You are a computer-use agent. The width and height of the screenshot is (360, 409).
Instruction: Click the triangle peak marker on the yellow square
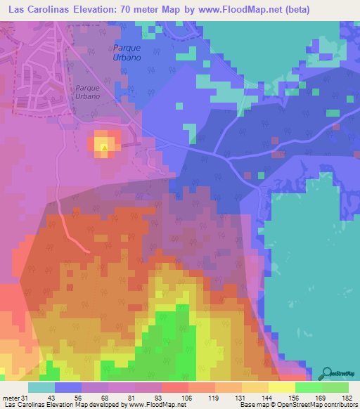[105, 148]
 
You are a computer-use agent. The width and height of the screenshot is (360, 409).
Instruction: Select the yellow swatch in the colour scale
[281, 387]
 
